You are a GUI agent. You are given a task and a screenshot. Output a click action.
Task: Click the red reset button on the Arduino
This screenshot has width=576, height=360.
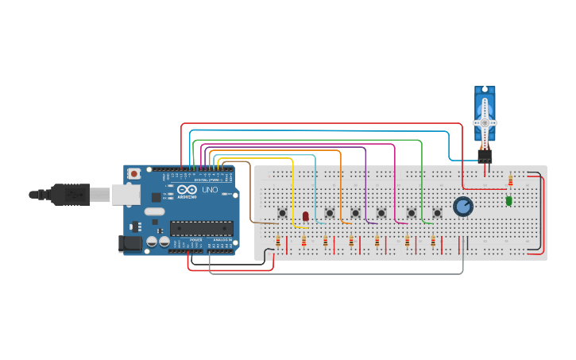(134, 173)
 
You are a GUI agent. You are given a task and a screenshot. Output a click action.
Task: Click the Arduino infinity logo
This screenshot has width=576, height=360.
(187, 191)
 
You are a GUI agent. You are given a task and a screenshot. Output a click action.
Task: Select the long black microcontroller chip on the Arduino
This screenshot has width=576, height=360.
(201, 228)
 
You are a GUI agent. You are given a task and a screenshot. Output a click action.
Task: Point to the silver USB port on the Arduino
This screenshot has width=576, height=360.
(124, 193)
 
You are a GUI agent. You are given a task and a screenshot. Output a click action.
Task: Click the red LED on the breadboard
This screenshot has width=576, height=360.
(305, 216)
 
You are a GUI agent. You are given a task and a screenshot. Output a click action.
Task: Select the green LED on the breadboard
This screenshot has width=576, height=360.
(508, 201)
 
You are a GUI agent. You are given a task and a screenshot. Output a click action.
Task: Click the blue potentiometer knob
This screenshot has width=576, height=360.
(462, 207)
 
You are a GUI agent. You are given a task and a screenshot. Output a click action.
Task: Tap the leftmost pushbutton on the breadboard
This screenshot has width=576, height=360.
(282, 212)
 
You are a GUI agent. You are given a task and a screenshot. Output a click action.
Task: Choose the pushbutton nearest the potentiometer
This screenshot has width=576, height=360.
(437, 213)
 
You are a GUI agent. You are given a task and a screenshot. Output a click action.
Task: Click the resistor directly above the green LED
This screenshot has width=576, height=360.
(510, 182)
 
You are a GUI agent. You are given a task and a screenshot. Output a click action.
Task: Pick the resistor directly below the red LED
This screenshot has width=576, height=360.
(303, 241)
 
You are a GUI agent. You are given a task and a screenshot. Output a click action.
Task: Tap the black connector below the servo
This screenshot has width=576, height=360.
(485, 155)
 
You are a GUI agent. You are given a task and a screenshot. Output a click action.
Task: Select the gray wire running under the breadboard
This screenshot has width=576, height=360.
(334, 274)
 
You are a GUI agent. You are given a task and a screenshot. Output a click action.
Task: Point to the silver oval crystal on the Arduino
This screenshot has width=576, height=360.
(154, 211)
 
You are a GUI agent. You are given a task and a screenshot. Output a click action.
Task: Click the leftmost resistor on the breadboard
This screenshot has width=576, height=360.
(278, 241)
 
